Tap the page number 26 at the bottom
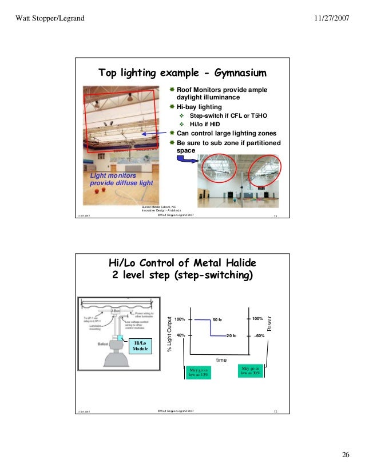coord(345,454)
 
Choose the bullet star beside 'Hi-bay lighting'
coord(172,107)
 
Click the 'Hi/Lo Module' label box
coord(140,345)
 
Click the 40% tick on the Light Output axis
coord(181,335)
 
